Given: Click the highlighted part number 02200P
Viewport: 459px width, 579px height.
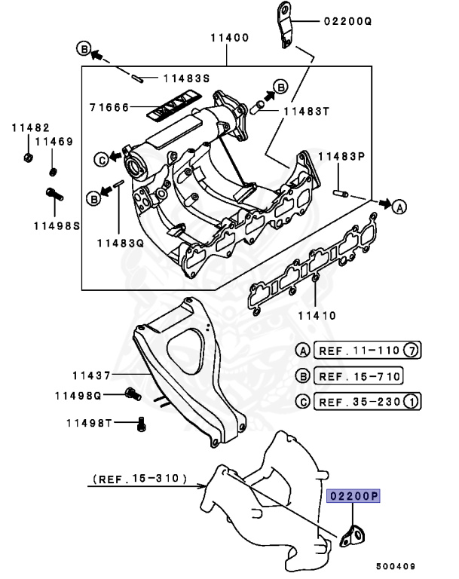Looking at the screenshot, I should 353,496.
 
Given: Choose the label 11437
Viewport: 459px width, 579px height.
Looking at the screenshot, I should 92,375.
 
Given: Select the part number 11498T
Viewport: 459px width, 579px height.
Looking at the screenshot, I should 92,422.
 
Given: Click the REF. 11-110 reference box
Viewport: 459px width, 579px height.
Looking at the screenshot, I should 359,351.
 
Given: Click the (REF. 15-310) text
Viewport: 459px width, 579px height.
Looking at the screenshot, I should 142,478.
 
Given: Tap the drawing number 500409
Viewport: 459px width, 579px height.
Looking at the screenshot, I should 396,564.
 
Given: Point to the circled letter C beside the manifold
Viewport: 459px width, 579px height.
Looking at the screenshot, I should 100,158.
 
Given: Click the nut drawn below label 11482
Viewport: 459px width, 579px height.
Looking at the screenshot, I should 26,157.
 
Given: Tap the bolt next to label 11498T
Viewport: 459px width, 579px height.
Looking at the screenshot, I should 141,423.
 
